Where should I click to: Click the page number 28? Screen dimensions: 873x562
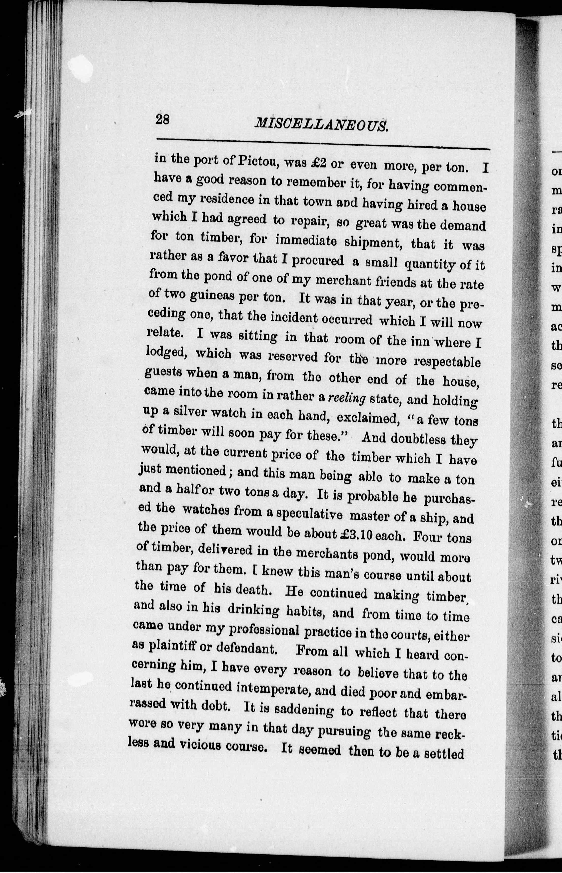click(162, 119)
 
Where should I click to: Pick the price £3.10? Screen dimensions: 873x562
click(356, 535)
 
